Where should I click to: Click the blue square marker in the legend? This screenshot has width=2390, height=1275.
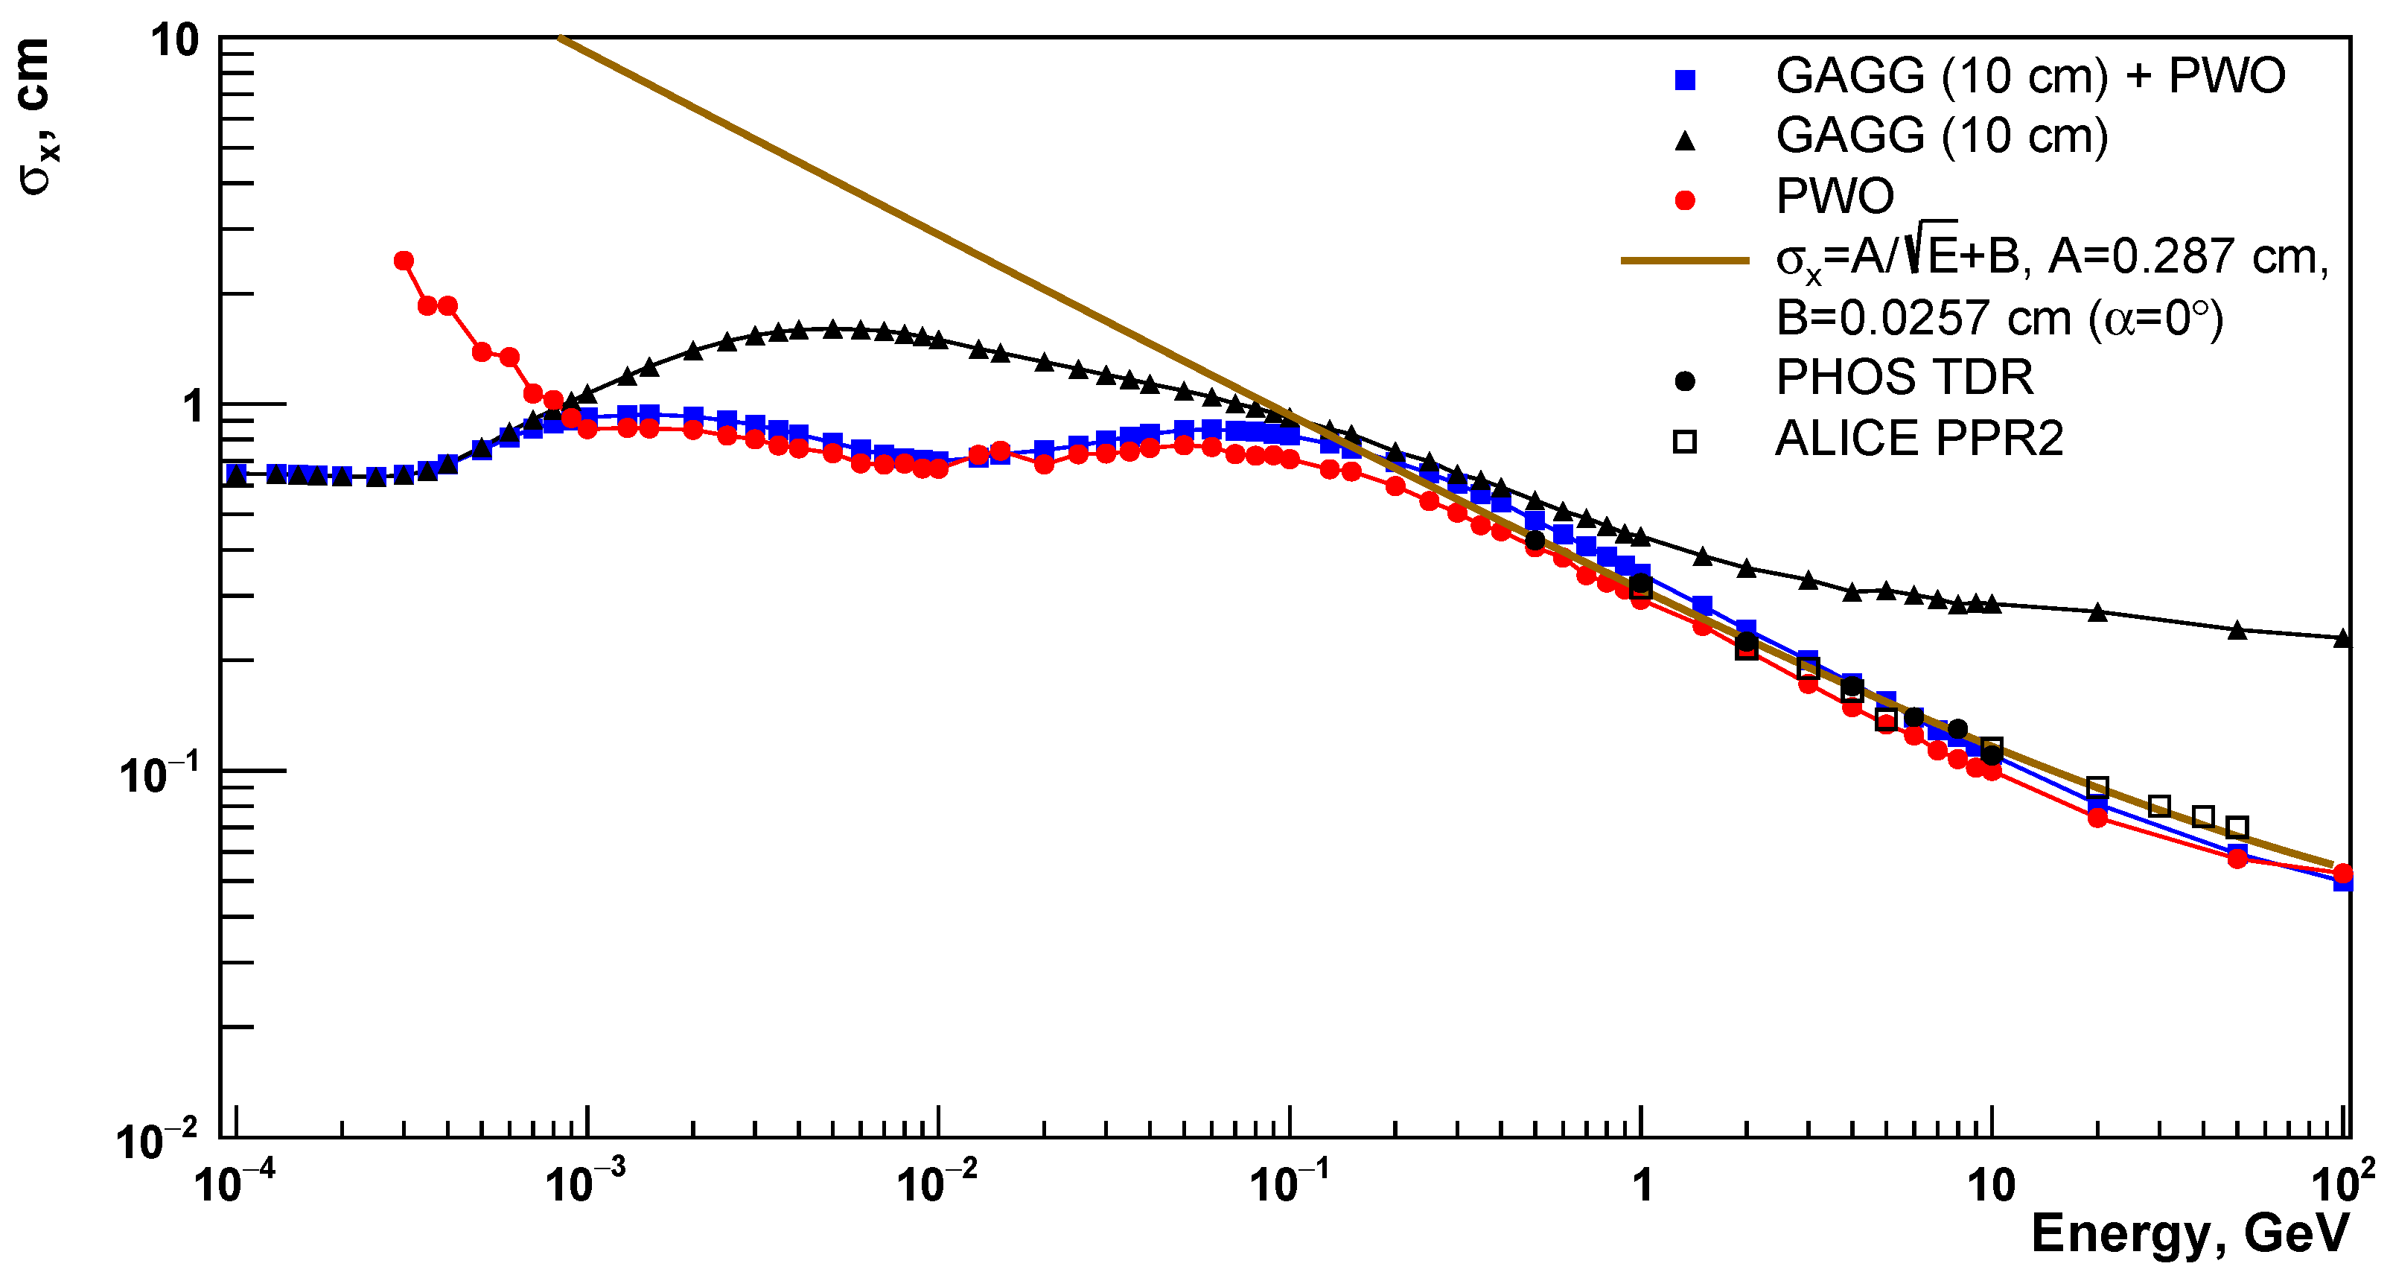[x=1685, y=80]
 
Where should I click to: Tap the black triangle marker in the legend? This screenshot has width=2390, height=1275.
[x=1685, y=141]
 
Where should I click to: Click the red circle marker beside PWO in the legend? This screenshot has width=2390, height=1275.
[x=1685, y=200]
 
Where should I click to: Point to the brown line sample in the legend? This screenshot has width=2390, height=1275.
[x=1684, y=261]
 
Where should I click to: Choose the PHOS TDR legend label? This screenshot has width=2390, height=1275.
[x=1904, y=378]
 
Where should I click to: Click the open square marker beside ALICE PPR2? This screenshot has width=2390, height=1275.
[x=1685, y=442]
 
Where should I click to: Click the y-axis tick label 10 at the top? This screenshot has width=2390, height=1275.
[x=176, y=41]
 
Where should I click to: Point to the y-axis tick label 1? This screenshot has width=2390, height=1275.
[x=193, y=407]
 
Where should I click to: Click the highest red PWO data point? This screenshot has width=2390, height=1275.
[x=404, y=261]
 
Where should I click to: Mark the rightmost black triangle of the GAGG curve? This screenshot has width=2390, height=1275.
[x=2342, y=638]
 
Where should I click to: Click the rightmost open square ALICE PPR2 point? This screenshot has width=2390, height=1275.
[x=2237, y=827]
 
